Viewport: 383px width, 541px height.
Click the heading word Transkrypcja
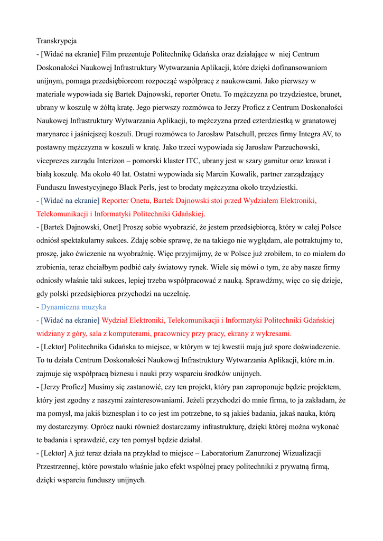pos(57,41)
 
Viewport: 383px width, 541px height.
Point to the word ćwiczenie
pos(95,254)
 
